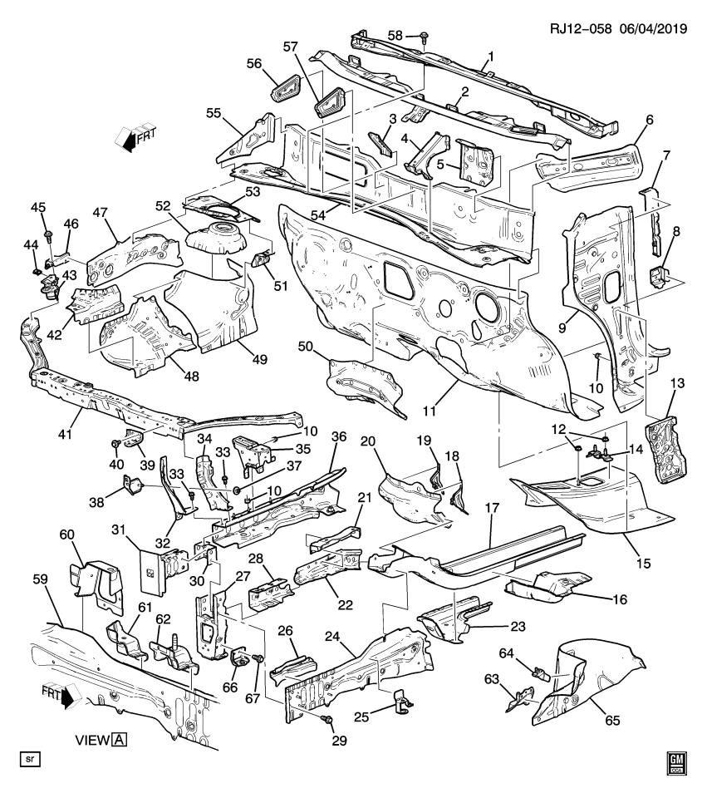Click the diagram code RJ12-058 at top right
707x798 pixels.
580,27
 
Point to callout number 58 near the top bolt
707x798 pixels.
396,36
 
